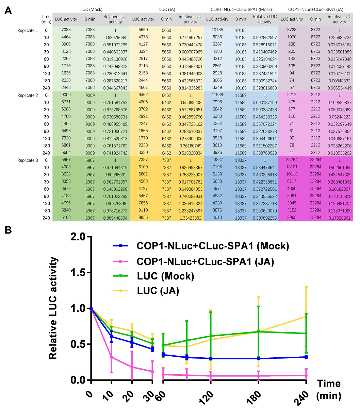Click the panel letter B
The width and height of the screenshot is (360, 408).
[9, 230]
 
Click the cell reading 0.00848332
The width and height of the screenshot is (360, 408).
[339, 81]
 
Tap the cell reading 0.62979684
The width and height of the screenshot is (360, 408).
[115, 37]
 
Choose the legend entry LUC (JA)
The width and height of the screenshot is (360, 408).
[158, 291]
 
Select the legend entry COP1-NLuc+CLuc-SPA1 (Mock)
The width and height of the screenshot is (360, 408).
[213, 246]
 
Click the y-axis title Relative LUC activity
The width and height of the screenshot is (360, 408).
[54, 308]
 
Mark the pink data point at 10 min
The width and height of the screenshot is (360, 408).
[111, 357]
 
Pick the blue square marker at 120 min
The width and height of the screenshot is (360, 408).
[211, 358]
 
